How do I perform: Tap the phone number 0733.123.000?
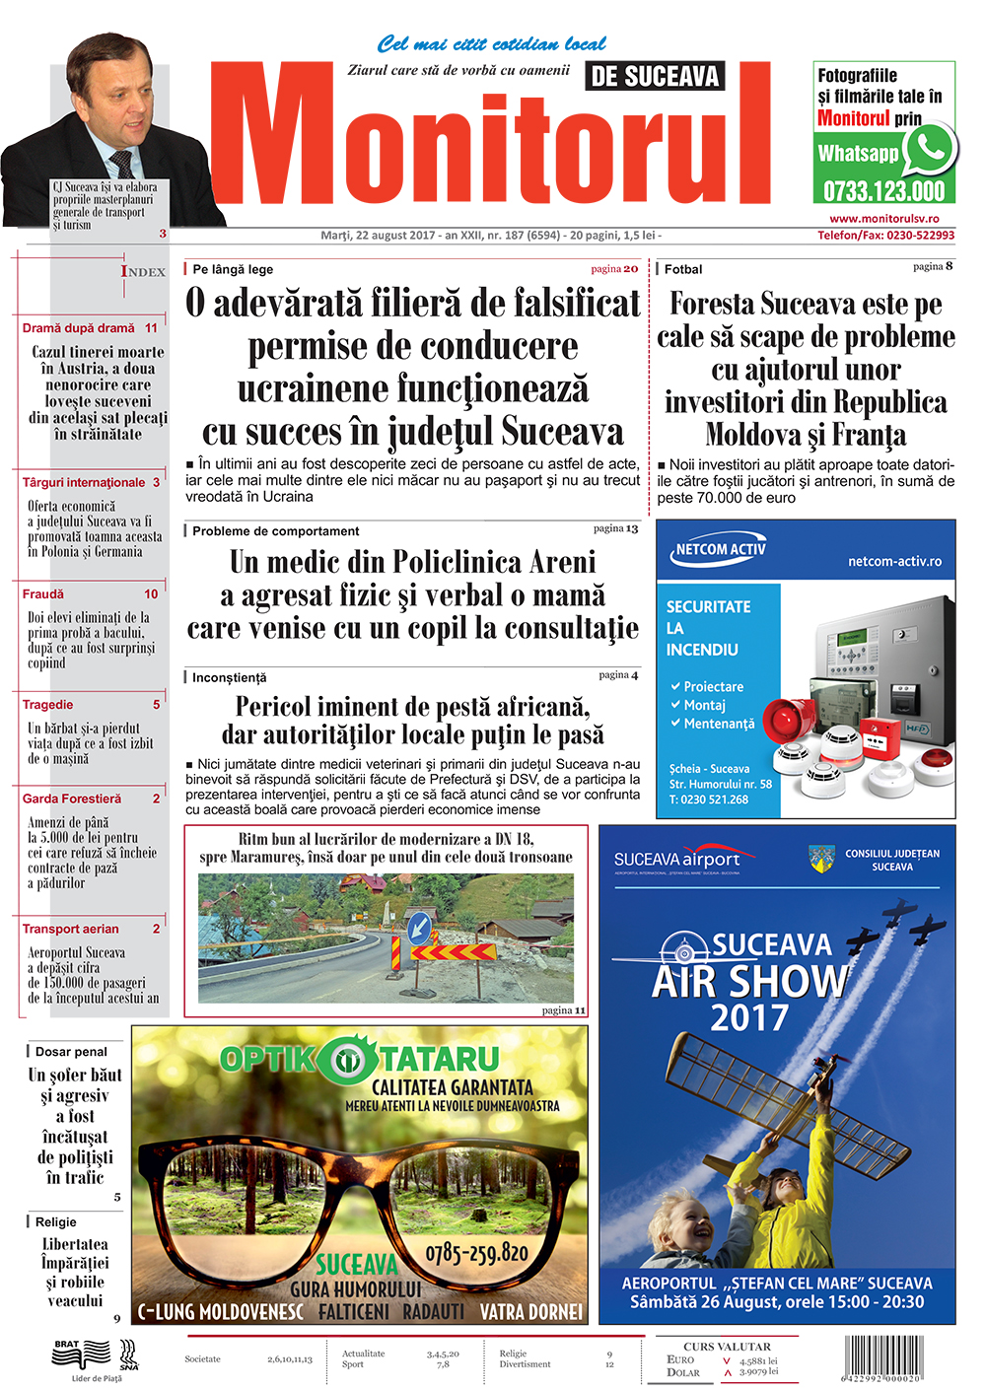coord(883,191)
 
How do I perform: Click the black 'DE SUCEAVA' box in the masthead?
coord(655,76)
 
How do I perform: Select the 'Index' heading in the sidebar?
coord(143,271)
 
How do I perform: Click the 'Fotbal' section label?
coord(683,269)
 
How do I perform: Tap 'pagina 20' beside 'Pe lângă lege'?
coord(614,268)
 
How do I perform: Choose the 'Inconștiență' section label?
coord(229,677)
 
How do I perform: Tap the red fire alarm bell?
coord(788,720)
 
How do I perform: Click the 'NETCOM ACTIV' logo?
coord(720,550)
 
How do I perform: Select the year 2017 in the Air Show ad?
coord(749,1017)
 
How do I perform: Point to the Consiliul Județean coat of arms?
coord(821,859)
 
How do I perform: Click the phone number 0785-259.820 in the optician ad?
coord(476,1254)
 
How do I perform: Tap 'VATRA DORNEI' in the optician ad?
coord(530,1312)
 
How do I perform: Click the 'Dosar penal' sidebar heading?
coord(71,1052)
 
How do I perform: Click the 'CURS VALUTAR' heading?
coord(727,1346)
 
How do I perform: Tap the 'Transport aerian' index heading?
coord(70,929)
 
